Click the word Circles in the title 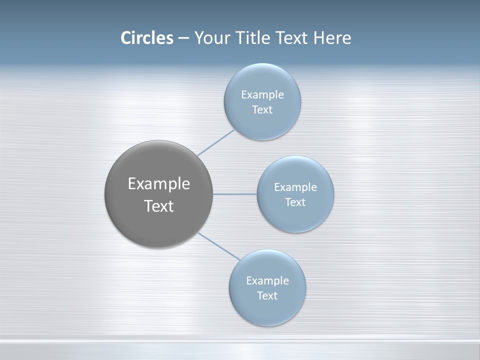coord(147,38)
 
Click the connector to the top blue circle coord(216,142)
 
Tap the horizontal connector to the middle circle coord(235,194)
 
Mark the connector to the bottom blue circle coord(219,246)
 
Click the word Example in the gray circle coord(159,184)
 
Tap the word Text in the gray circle coord(159,206)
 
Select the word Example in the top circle coord(262,95)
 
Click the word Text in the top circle coord(262,110)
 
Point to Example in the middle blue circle coord(295,187)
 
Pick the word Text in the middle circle coord(295,202)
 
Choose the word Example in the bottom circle coord(267,281)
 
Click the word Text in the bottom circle coord(267,296)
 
